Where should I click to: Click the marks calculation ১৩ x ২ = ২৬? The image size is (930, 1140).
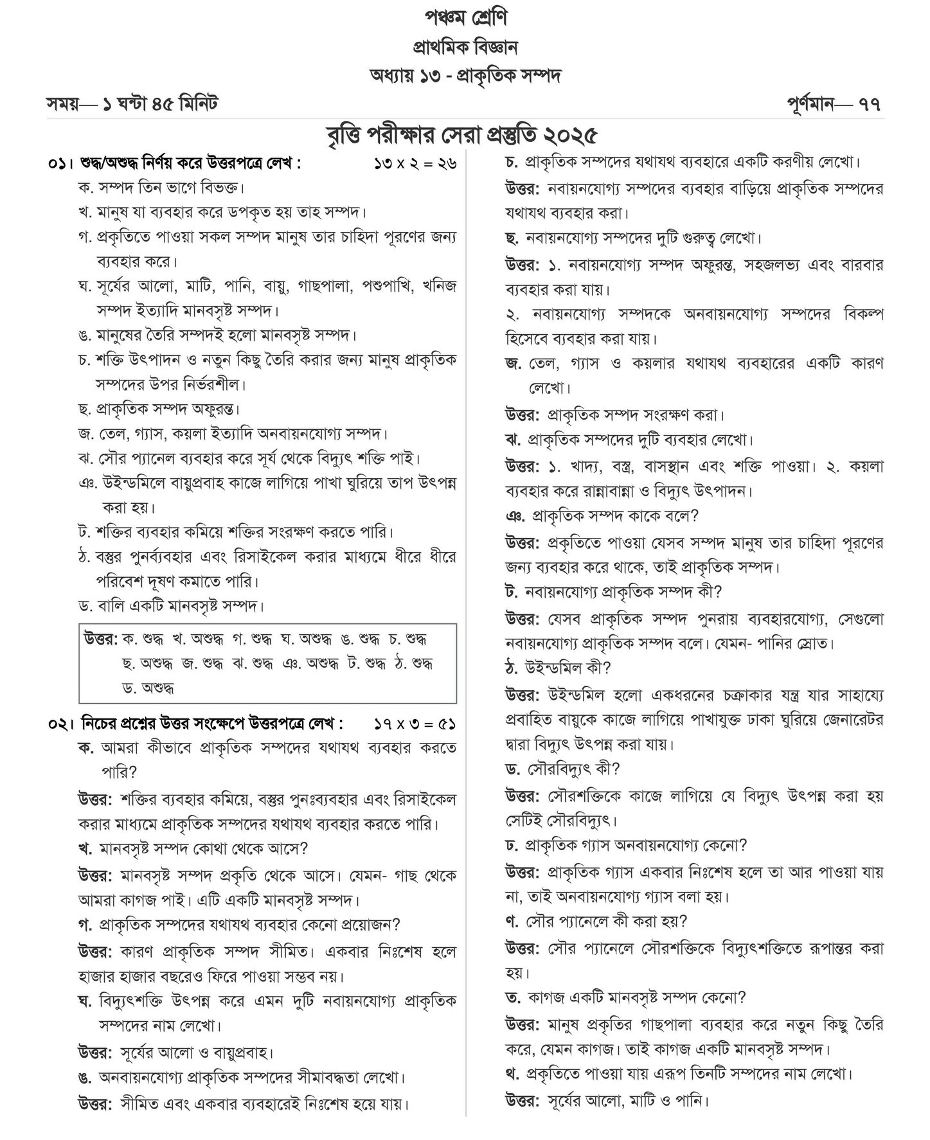[415, 164]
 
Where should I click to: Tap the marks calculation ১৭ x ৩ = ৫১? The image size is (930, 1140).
[415, 724]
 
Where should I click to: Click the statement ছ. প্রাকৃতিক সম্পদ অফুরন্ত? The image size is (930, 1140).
[159, 409]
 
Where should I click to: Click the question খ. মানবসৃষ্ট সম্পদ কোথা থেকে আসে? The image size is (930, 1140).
[193, 849]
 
